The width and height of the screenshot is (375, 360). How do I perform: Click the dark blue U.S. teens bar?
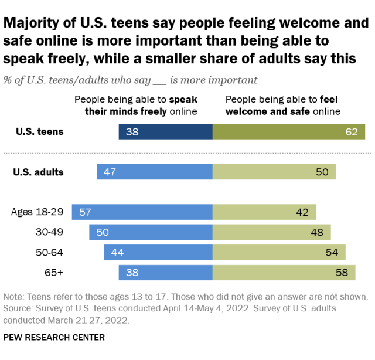[165, 132]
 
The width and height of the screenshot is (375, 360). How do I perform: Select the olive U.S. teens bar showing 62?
[288, 132]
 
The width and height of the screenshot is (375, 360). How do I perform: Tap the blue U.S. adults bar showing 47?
[155, 172]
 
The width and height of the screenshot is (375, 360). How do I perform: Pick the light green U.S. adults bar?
[274, 172]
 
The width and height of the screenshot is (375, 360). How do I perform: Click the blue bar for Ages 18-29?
[142, 212]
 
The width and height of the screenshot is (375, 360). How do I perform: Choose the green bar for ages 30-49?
[271, 232]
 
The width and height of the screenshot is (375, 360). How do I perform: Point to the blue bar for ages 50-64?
[158, 252]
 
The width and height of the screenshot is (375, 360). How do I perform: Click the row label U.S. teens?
[40, 132]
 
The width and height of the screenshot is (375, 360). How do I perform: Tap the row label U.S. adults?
[39, 172]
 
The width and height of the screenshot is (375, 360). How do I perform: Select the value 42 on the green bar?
[302, 212]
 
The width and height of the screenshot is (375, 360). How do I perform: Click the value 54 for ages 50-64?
[332, 253]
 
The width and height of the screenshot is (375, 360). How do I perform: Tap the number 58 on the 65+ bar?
[342, 273]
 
